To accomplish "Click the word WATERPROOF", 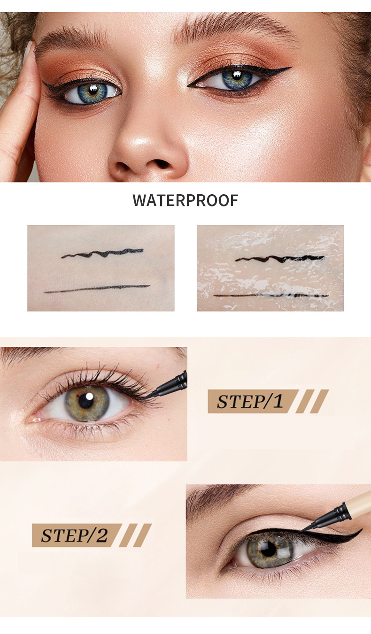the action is (x=185, y=200).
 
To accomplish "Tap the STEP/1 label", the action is (x=250, y=401).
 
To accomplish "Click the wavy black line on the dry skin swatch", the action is (x=102, y=253).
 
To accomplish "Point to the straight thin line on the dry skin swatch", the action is (x=97, y=289).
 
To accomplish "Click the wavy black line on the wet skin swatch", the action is (x=280, y=259).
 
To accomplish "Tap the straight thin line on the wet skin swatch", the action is (x=271, y=296).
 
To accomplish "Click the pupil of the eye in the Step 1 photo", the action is (x=86, y=401).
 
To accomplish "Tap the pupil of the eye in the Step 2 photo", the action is (x=268, y=550).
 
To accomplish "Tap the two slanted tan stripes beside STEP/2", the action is (x=135, y=535).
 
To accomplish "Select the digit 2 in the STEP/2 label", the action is (x=102, y=535).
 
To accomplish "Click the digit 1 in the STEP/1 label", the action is (x=278, y=401).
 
